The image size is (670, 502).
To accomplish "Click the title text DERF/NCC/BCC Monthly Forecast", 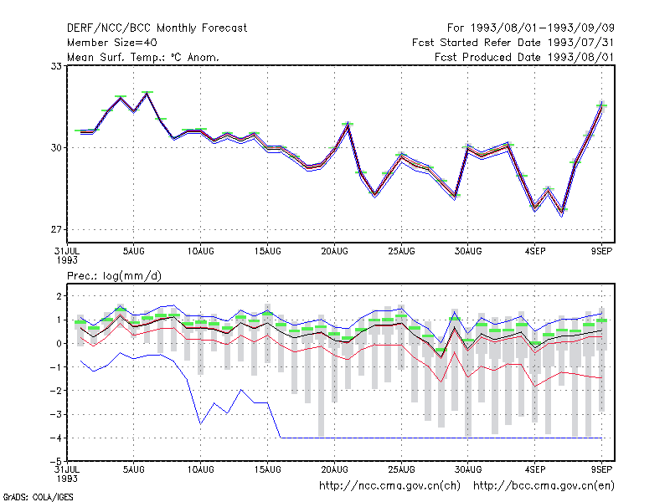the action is coord(157,28).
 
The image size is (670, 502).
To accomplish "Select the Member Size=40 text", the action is coord(112,43).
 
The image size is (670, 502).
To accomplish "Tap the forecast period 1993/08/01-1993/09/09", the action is coord(542,28).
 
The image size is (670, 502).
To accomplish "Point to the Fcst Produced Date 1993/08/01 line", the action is coord(524,57).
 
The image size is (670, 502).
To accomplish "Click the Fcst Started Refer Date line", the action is coord(513,43).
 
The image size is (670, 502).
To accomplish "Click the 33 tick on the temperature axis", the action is coord(56,66).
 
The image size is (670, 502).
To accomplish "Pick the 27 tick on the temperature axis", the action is coord(56,229).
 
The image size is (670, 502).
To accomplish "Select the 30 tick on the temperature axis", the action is coord(56,148).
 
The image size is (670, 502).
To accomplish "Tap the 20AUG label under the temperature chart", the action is coord(334,252).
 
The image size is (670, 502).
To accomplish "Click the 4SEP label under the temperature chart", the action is coord(535,252).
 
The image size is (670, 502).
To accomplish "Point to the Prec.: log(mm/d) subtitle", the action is coord(114,276).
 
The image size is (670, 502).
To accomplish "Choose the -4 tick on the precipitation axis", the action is coord(56,438).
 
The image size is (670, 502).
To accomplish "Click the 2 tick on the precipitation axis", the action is coord(59,296).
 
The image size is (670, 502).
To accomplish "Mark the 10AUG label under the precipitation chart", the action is coord(201,469).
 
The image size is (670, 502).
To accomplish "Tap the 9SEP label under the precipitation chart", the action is coord(601,469).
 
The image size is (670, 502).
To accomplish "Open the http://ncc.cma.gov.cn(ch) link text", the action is coord(389,486).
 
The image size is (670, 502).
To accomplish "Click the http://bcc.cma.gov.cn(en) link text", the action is coord(544,486).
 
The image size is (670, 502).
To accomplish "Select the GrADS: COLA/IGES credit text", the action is coord(38,497).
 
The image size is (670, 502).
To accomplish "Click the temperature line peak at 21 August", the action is coord(348,125).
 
